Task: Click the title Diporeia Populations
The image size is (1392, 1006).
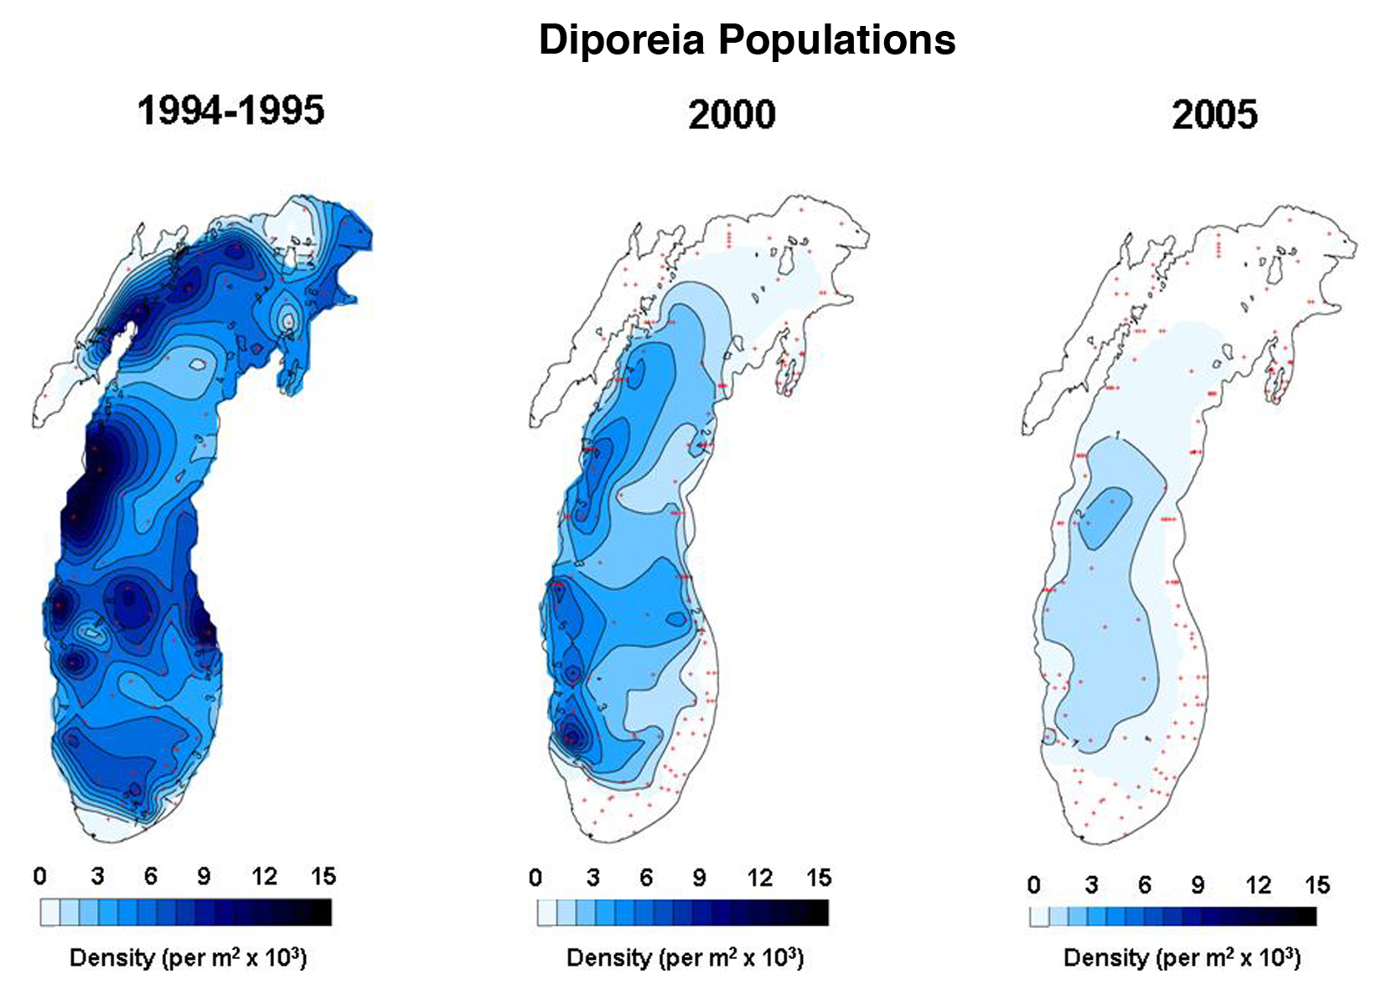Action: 747,39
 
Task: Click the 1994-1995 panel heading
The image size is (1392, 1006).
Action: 230,111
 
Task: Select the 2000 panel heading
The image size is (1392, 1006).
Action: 732,114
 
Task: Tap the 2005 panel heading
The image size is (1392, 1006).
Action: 1214,114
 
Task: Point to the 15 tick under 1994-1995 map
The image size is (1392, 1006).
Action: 323,877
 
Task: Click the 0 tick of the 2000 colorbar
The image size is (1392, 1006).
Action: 536,878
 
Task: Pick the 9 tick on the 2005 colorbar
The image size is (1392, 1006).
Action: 1198,885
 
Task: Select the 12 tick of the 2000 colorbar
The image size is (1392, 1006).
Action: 759,878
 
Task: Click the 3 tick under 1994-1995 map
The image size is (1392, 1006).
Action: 97,877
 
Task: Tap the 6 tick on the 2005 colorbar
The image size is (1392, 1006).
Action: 1144,885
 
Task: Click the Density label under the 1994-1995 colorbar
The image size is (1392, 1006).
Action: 188,957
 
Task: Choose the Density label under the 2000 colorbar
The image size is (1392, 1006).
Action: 685,957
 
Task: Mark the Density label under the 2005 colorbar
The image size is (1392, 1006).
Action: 1182,957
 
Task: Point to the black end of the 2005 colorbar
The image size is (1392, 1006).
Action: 1307,916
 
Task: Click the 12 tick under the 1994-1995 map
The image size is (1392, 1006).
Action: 264,877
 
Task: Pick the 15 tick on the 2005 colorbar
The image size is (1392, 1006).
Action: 1317,885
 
